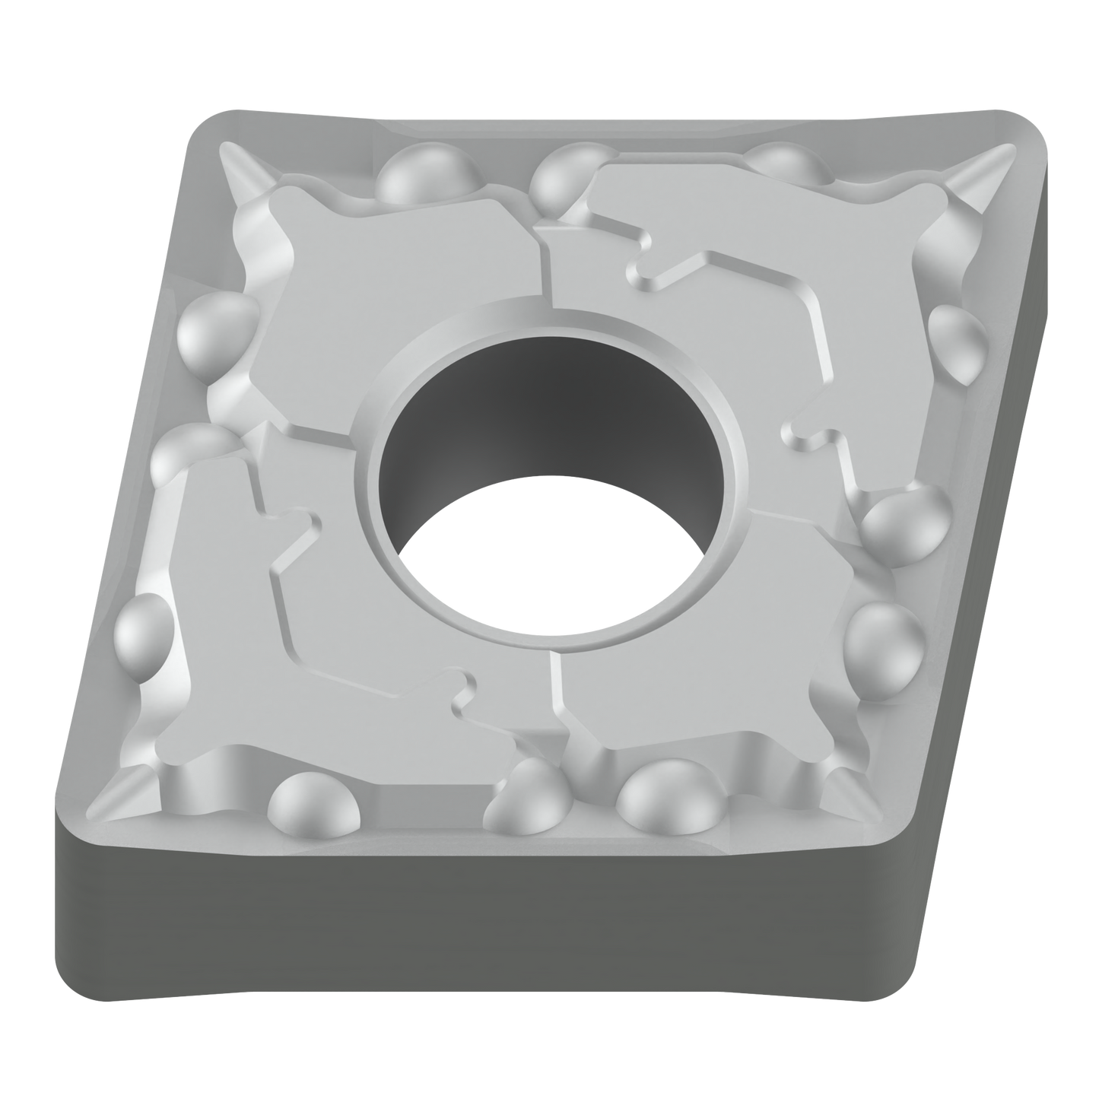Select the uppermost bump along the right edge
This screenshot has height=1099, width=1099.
coord(958,338)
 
